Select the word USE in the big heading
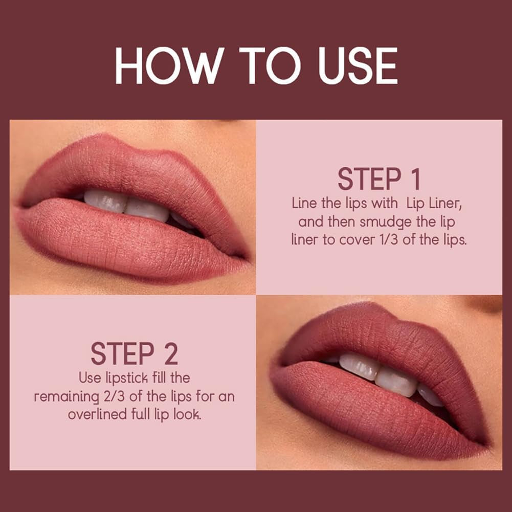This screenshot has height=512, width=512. [x=358, y=66]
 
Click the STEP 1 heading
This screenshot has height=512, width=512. [x=379, y=180]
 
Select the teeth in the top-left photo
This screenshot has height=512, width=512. [x=128, y=205]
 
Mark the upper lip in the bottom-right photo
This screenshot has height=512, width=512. [x=379, y=332]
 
